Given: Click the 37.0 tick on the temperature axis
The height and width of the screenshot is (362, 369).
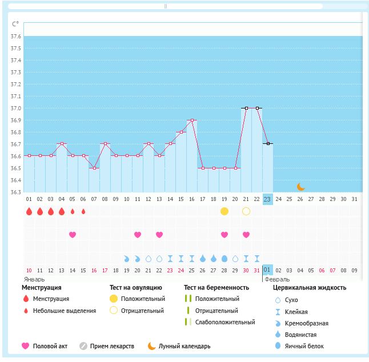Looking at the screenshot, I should (x=15, y=108).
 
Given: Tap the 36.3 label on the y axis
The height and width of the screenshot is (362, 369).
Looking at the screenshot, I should (x=15, y=192).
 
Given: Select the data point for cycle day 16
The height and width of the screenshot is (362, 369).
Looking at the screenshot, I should (x=192, y=120).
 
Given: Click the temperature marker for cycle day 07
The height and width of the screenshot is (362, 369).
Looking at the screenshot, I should (x=94, y=168).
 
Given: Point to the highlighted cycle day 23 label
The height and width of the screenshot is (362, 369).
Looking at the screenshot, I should (x=267, y=199).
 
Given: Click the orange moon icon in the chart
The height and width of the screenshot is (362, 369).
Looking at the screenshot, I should (x=300, y=187).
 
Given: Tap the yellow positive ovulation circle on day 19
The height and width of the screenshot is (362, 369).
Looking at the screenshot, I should (x=224, y=211).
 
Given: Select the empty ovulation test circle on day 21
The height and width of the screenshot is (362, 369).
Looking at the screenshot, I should (x=246, y=211).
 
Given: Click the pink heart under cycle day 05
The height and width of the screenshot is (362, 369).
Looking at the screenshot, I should (x=73, y=235).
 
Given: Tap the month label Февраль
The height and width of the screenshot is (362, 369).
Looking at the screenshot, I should (x=276, y=279).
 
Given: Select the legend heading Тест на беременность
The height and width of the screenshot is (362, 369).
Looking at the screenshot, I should (x=216, y=288).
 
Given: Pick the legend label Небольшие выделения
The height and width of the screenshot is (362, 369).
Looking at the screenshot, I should (x=65, y=311).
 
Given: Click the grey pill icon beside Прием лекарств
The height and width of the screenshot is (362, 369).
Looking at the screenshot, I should (x=83, y=346).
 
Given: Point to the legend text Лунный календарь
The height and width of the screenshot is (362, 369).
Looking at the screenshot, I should (x=185, y=346).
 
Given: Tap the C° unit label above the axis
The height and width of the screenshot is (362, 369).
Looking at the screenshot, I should (x=15, y=24).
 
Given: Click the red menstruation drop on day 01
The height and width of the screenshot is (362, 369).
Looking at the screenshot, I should (x=29, y=211).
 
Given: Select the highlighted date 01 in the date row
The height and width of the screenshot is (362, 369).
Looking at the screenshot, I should (x=267, y=270).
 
